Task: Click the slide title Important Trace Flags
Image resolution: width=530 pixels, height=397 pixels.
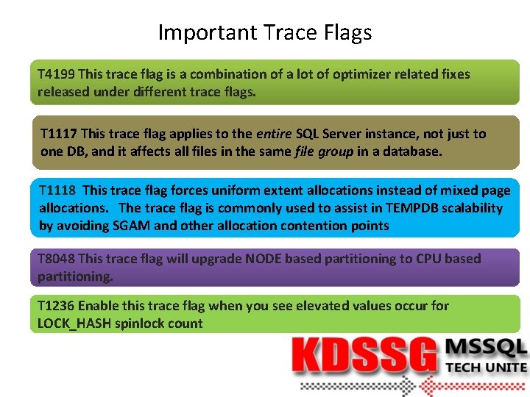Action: (265, 32)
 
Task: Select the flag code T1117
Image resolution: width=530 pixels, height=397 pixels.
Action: (59, 134)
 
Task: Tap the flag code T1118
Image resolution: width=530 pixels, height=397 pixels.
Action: (57, 190)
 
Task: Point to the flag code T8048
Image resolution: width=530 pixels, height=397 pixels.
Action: (56, 259)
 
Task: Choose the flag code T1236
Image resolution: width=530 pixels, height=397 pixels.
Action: (56, 306)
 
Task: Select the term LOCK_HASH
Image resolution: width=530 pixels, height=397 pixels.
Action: (74, 323)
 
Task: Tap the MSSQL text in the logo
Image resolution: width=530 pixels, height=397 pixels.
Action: (486, 348)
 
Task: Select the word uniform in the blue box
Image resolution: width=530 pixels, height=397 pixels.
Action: (239, 190)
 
